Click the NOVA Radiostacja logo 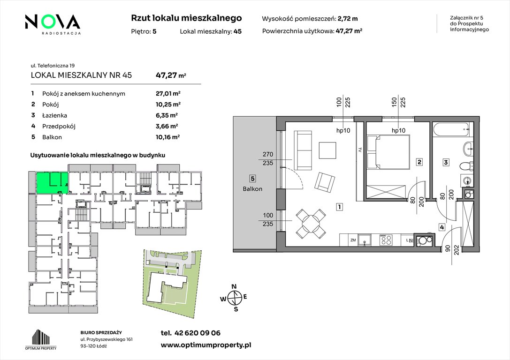pos(53,24)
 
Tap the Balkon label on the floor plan pos(252,189)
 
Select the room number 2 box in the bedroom pos(419,162)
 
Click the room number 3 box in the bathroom pos(446,162)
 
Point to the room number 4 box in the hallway pos(441,227)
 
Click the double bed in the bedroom pos(388,152)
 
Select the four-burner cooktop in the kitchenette pos(387,240)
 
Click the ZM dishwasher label pos(353,240)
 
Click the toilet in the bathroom pos(466,166)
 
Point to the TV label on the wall pos(360,150)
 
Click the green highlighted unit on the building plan pos(52,183)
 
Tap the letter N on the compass pos(234,286)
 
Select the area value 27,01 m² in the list pos(168,94)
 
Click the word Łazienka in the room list pos(54,115)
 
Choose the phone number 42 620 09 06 pos(198,333)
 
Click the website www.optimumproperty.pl pos(206,345)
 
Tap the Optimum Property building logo pos(41,339)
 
